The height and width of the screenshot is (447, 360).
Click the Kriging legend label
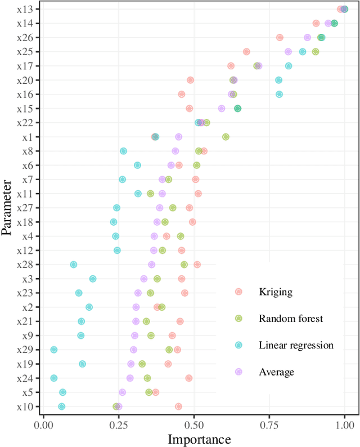click(275, 292)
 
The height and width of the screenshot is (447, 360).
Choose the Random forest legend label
click(290, 319)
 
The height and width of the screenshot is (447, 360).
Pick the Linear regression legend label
click(296, 345)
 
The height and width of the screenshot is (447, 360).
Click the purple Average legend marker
click(238, 372)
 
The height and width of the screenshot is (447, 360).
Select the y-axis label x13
click(24, 9)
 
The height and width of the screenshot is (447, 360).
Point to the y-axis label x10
click(24, 406)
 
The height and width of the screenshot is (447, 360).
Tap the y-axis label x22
click(24, 123)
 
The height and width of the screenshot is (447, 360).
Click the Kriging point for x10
click(178, 406)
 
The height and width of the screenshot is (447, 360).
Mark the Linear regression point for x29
click(54, 350)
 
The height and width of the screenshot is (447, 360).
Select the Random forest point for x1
click(226, 137)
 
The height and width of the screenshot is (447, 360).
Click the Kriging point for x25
click(246, 52)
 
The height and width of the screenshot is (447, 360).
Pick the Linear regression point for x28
click(73, 265)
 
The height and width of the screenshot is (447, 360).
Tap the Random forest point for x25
click(315, 52)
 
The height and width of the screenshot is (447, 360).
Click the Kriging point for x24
click(189, 378)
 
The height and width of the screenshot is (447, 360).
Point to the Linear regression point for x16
click(279, 94)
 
